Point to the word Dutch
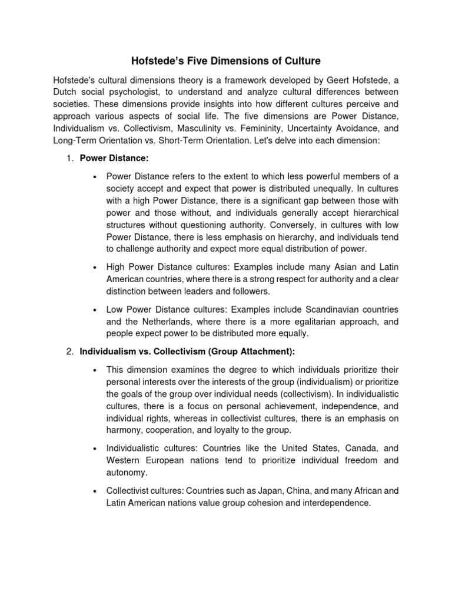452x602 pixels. (65, 92)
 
